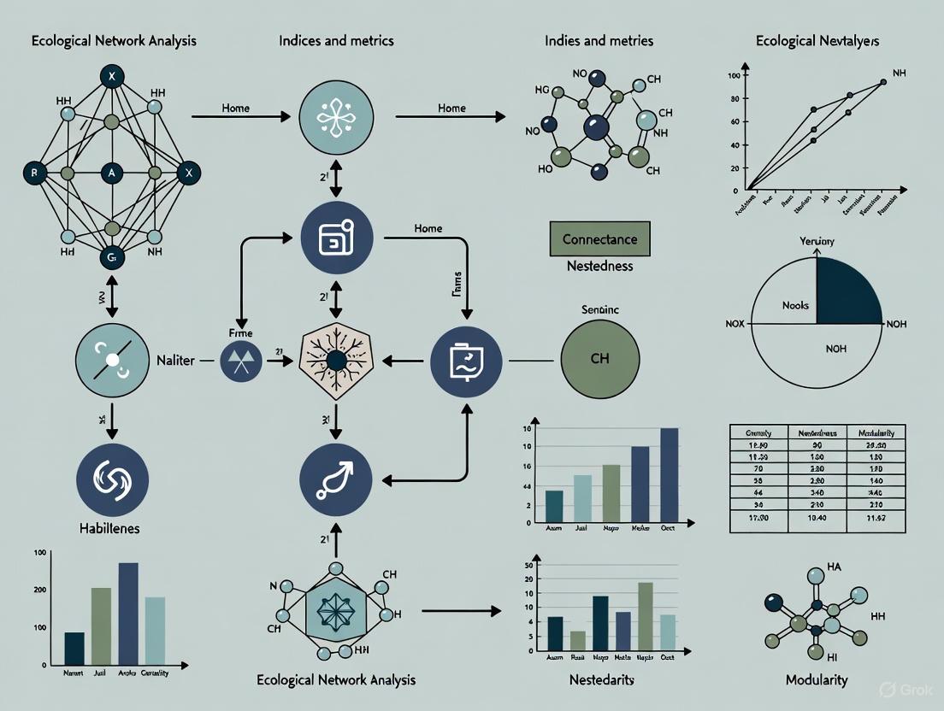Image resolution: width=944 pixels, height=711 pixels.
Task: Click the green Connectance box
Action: point(599,239)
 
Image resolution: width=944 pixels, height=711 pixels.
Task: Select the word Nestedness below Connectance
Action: point(599,266)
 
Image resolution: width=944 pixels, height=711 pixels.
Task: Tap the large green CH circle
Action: point(599,359)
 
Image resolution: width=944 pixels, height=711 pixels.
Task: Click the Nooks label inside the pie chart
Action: point(795,305)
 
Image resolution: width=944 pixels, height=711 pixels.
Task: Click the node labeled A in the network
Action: point(111,173)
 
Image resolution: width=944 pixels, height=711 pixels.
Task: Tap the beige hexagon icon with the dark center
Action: point(335,361)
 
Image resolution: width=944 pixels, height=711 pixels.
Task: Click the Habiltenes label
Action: point(109,528)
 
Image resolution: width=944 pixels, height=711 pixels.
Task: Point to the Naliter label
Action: point(176,361)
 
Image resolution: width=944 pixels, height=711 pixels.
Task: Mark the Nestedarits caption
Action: point(600,680)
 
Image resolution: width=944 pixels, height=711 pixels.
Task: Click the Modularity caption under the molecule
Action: point(817,680)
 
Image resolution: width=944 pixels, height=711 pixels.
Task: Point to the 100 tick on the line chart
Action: point(732,76)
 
